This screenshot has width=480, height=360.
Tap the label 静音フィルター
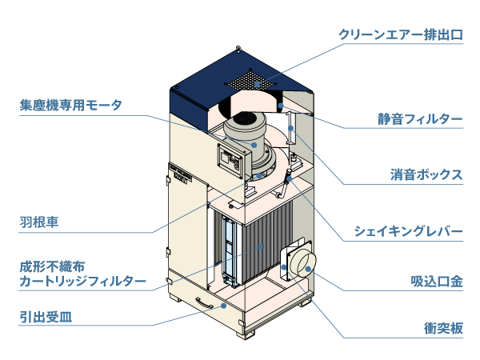[420, 120]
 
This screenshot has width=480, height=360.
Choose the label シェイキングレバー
[409, 231]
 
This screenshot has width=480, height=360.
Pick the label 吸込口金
[437, 282]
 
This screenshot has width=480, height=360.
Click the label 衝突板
[443, 328]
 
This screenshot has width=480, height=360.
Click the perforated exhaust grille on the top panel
[255, 79]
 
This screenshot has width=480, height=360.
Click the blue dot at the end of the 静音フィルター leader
[280, 105]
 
